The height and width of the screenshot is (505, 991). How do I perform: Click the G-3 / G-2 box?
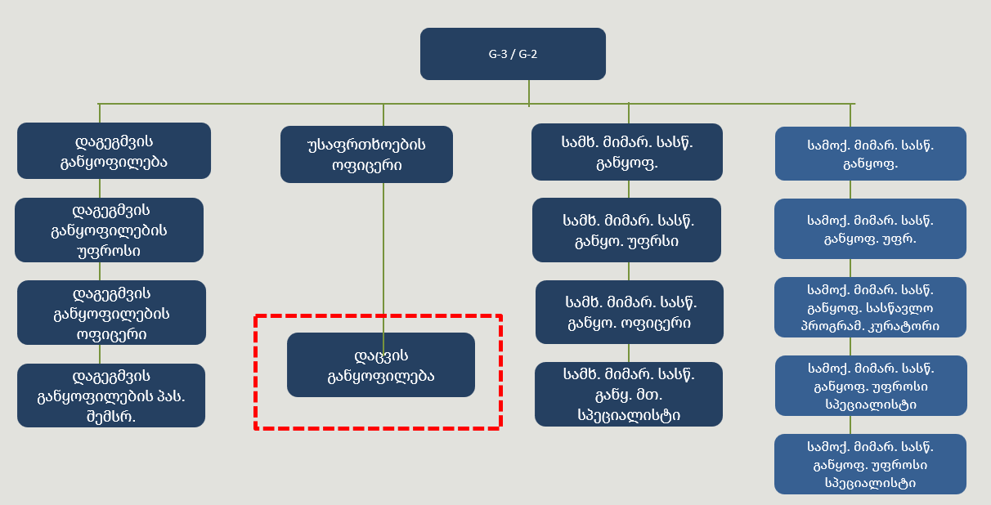[513, 54]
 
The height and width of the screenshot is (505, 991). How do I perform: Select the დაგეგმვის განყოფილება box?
[114, 151]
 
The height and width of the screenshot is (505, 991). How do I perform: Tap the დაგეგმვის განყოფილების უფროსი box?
[110, 230]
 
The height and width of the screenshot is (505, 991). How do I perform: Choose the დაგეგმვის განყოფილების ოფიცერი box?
[111, 313]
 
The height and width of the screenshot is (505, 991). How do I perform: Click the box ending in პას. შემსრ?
[111, 396]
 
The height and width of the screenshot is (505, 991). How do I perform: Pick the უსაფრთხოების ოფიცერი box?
[366, 154]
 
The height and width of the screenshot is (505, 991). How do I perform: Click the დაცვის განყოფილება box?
[381, 364]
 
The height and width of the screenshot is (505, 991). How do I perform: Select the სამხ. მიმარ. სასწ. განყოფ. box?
[627, 152]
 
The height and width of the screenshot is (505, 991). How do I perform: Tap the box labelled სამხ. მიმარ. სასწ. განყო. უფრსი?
[626, 230]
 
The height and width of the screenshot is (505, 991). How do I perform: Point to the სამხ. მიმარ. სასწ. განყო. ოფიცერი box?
[630, 312]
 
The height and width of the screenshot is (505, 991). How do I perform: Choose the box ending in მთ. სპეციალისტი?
[629, 395]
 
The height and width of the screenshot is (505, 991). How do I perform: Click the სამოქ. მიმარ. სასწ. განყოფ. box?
[870, 154]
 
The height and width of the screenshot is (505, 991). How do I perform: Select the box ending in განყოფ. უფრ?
[870, 229]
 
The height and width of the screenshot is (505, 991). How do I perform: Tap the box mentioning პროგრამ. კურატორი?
[870, 307]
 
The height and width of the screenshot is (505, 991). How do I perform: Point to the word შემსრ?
[111, 417]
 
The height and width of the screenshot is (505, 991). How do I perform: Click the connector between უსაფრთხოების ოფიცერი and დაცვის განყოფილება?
[383, 257]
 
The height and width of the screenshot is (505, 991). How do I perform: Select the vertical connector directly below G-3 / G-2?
[529, 93]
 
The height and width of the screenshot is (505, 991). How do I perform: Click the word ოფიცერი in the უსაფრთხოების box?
[367, 165]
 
